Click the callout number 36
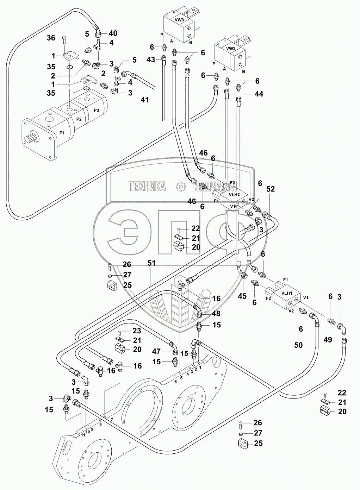51,38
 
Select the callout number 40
113,33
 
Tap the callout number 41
144,100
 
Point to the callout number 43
150,60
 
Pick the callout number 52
270,189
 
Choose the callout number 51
151,263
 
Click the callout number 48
216,314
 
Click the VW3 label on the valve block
180,20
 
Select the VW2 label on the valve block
231,48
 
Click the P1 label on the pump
62,132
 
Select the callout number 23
137,331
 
